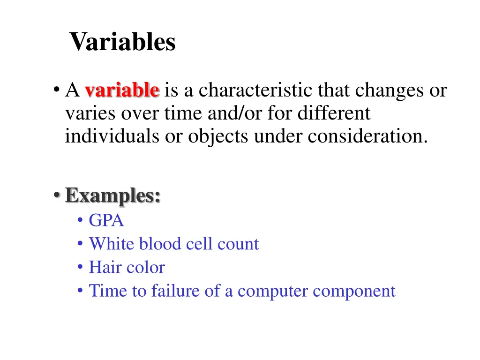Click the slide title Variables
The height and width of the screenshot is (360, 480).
[122, 42]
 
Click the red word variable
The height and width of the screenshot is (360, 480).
[122, 90]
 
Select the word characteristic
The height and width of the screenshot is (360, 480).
[257, 90]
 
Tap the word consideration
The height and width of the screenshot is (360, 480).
[368, 136]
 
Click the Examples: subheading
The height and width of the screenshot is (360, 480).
[113, 195]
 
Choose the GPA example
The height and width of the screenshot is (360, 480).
[106, 220]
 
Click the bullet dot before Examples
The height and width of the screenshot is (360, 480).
[56, 195]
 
